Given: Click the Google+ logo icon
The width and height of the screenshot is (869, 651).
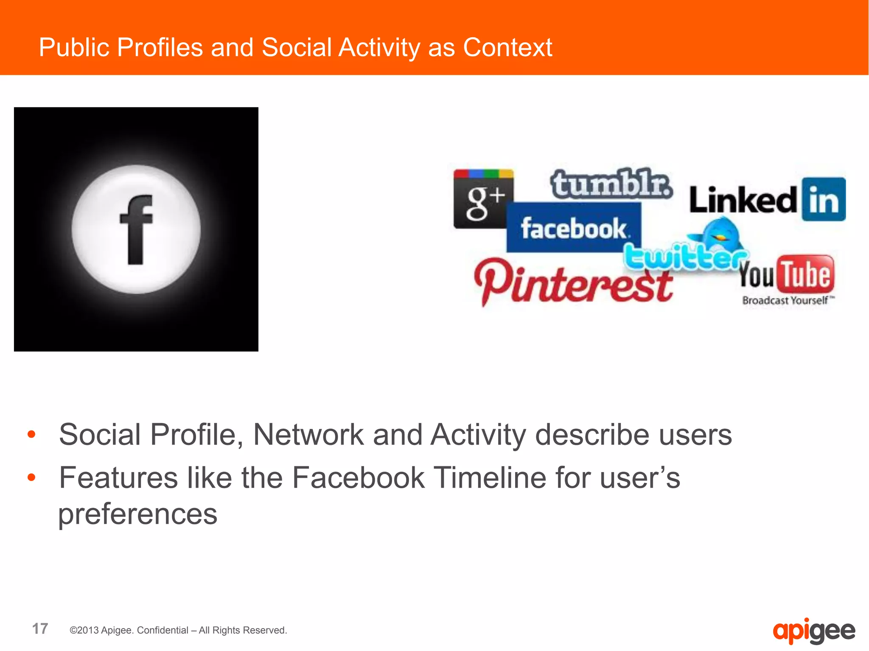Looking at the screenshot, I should click(x=483, y=198).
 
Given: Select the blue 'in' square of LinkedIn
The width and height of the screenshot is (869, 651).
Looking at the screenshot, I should click(x=823, y=199).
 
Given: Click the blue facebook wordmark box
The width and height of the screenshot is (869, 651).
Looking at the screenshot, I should click(x=573, y=228).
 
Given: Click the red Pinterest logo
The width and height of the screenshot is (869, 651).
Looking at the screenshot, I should click(x=573, y=282).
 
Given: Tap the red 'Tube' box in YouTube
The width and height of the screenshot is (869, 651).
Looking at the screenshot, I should click(x=806, y=275).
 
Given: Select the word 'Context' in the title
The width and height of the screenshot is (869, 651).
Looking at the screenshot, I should click(x=507, y=47).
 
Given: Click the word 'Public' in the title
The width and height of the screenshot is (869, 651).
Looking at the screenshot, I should click(x=74, y=47).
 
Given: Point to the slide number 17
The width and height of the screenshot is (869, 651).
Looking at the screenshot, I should click(x=40, y=629).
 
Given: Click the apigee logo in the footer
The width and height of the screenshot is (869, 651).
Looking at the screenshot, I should click(x=813, y=631).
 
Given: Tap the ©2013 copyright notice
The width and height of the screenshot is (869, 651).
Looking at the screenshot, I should click(x=178, y=630).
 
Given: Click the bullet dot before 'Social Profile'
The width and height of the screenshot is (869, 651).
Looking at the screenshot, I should click(x=31, y=434).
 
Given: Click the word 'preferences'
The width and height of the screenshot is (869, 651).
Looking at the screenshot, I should click(x=138, y=514).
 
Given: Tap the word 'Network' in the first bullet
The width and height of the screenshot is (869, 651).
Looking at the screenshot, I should click(x=308, y=434).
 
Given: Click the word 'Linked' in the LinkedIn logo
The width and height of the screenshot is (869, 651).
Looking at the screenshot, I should click(x=743, y=200).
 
